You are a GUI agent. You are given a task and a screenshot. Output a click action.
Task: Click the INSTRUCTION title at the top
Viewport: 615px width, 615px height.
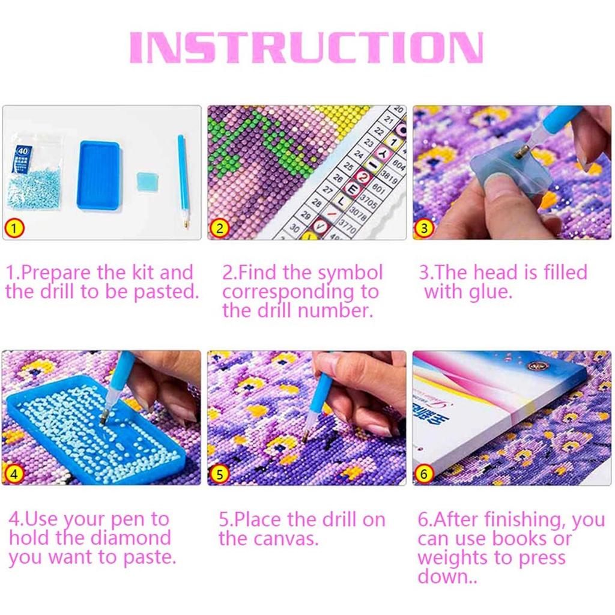click(306, 47)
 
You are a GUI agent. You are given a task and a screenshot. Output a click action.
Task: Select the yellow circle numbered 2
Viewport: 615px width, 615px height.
click(220, 228)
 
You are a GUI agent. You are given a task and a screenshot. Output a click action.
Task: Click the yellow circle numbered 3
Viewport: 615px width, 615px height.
click(425, 228)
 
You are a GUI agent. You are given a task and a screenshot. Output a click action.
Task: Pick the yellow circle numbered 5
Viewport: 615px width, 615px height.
click(220, 474)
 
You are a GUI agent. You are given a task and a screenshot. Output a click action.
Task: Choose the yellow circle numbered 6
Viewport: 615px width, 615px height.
click(425, 474)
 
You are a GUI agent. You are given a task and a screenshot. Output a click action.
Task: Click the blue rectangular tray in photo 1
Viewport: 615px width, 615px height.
click(100, 175)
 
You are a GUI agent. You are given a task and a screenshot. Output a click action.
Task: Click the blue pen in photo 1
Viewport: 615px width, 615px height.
click(183, 180)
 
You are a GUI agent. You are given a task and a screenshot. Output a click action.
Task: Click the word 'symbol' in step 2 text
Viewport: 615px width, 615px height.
click(350, 273)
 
